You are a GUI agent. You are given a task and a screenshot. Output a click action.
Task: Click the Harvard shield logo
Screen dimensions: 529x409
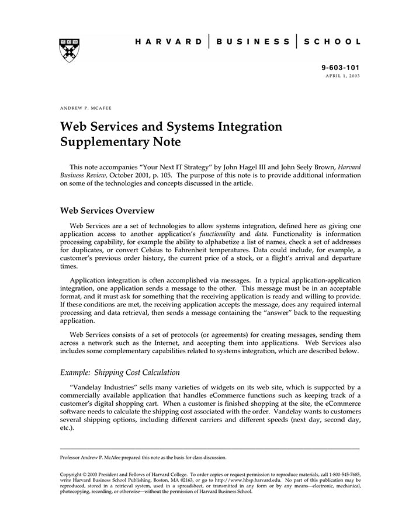pos(70,50)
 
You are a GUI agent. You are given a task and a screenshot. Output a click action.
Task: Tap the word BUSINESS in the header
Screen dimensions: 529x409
pos(253,42)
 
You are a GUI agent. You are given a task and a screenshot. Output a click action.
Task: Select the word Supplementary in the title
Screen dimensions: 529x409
pos(102,142)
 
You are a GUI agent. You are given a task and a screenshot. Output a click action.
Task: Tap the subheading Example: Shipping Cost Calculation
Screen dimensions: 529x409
pos(120,373)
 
